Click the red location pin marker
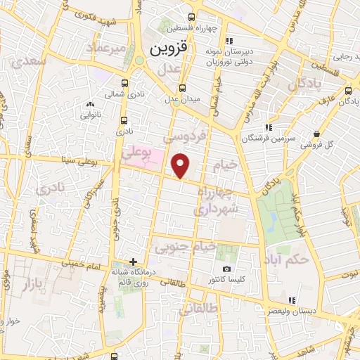click(181, 166)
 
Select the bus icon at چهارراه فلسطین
click(192, 18)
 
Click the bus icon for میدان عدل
click(183, 88)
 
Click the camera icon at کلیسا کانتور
click(226, 269)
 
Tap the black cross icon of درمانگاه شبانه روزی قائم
click(133, 262)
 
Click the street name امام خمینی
click(78, 264)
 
